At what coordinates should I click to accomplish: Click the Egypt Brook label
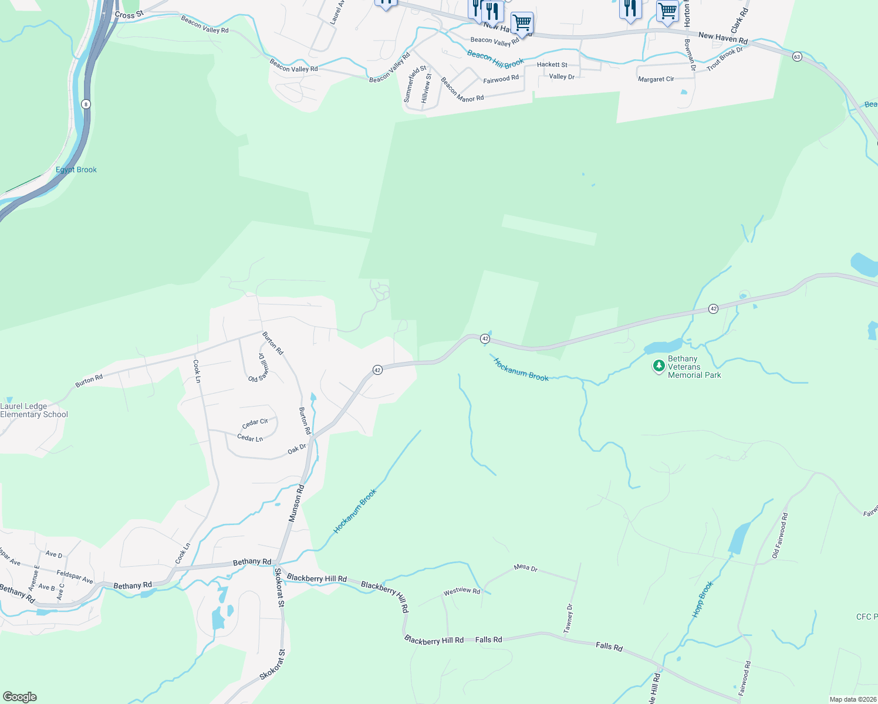click(76, 170)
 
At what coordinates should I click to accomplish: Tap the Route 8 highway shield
click(86, 104)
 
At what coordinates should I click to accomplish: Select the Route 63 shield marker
click(796, 56)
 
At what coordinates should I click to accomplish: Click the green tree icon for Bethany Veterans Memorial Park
click(658, 365)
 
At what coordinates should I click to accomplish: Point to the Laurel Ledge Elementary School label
click(34, 410)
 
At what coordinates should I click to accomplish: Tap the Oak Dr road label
click(297, 449)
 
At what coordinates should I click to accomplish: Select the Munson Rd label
click(297, 503)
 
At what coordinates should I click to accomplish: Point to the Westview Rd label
click(462, 591)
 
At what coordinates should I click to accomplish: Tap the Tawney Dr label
click(568, 618)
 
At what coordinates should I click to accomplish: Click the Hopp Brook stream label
click(703, 598)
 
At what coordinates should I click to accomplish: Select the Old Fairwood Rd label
click(781, 535)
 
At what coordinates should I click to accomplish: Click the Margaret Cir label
click(656, 79)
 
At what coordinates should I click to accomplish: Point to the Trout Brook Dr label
click(725, 59)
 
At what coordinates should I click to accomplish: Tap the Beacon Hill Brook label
click(495, 59)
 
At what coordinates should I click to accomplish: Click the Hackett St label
click(552, 65)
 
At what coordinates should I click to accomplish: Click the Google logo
click(20, 697)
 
